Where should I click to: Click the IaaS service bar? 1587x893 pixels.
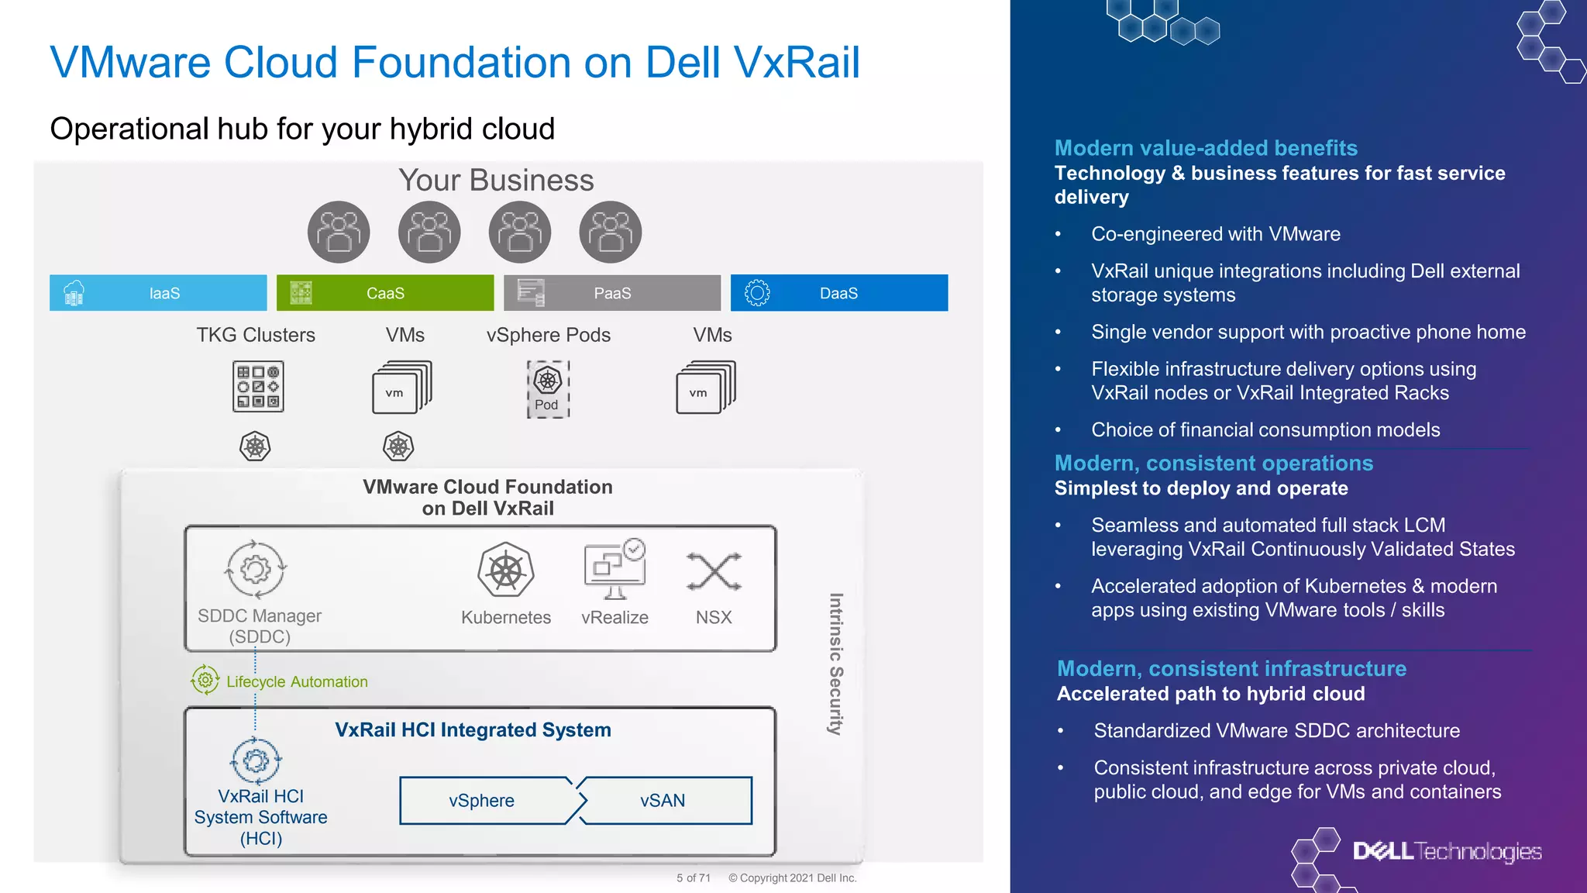(158, 293)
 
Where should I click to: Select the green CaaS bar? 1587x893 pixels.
(385, 293)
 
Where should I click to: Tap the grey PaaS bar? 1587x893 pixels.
(612, 293)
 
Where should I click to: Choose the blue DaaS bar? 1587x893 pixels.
(838, 293)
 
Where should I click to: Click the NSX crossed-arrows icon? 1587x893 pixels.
(714, 572)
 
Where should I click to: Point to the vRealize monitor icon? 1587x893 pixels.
(614, 571)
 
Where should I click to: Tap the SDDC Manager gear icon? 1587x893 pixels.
(256, 570)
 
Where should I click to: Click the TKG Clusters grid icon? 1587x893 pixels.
(258, 386)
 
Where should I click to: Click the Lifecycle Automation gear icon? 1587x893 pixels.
(205, 680)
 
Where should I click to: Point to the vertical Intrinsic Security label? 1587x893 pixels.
(835, 664)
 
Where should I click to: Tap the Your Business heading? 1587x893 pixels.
(496, 181)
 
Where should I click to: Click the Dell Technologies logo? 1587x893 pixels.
(1446, 851)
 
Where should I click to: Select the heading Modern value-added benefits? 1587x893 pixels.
(1206, 148)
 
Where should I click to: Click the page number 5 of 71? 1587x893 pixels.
(694, 878)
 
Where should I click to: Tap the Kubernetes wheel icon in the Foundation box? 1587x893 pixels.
(506, 571)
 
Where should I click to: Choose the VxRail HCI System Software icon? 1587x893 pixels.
(256, 760)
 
